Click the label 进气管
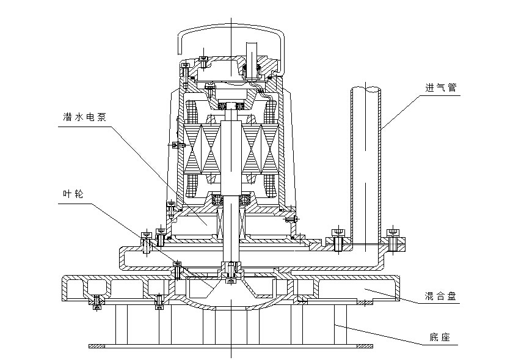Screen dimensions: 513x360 (440, 88)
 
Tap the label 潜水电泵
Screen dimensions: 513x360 (84, 117)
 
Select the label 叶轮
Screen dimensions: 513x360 (73, 194)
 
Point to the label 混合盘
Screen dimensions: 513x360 (440, 296)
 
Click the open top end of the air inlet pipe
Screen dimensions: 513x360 (366, 89)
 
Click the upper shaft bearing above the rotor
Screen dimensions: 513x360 (231, 106)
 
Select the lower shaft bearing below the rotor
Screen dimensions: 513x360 (231, 199)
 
